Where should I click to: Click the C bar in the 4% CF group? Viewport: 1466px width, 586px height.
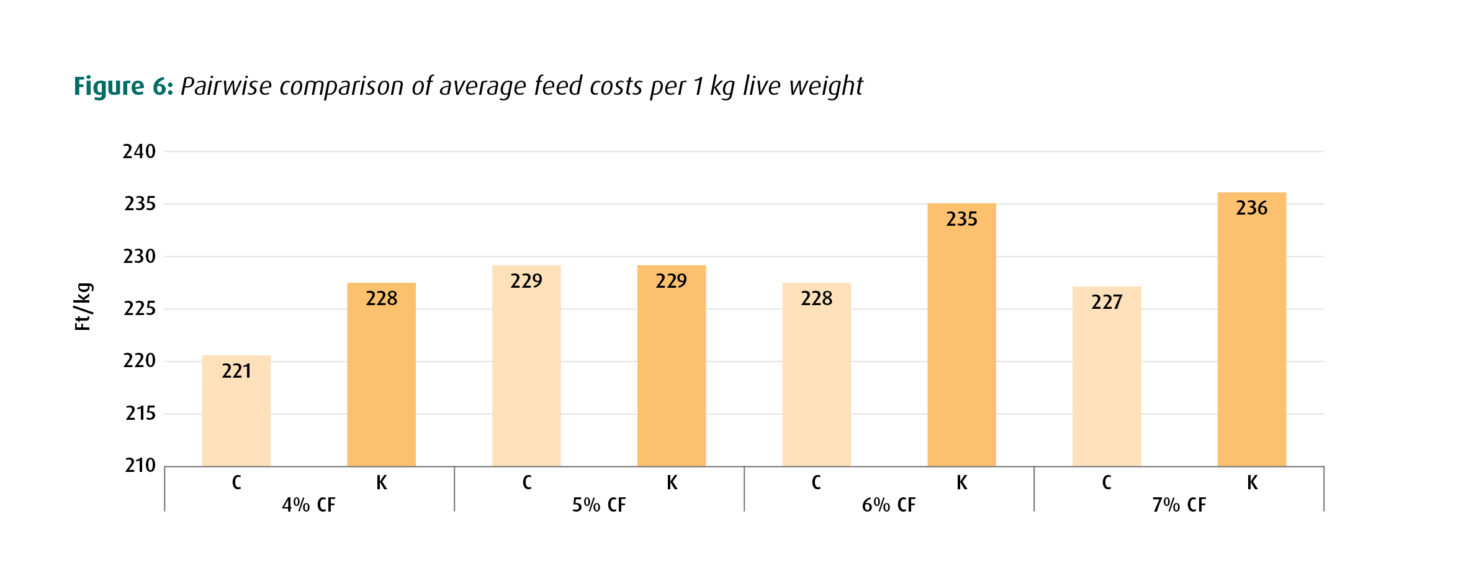(236, 411)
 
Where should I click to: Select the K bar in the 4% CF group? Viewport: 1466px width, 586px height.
(381, 375)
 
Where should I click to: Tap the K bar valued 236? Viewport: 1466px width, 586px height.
(1252, 329)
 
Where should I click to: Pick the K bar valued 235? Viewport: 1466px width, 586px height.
(961, 335)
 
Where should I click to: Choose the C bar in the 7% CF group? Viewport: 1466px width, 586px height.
(1107, 376)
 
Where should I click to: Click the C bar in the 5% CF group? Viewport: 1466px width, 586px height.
(526, 366)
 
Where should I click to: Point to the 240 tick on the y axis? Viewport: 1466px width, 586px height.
(139, 151)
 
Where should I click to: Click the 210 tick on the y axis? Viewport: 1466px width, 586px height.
(140, 465)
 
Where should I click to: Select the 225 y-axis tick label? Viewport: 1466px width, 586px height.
(140, 308)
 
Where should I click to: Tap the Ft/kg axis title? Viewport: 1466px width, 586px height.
(83, 306)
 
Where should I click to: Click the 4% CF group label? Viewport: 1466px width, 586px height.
(308, 505)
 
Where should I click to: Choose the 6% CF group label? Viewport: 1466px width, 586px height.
(889, 505)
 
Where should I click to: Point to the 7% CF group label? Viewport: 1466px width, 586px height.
(1179, 505)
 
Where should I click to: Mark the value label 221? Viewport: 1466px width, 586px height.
(236, 371)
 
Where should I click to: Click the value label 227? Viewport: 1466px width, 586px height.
(1107, 302)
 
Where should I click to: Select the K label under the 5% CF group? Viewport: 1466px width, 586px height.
(672, 482)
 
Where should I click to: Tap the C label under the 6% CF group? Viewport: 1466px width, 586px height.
(816, 482)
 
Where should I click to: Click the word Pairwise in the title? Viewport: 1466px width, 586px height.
(226, 86)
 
